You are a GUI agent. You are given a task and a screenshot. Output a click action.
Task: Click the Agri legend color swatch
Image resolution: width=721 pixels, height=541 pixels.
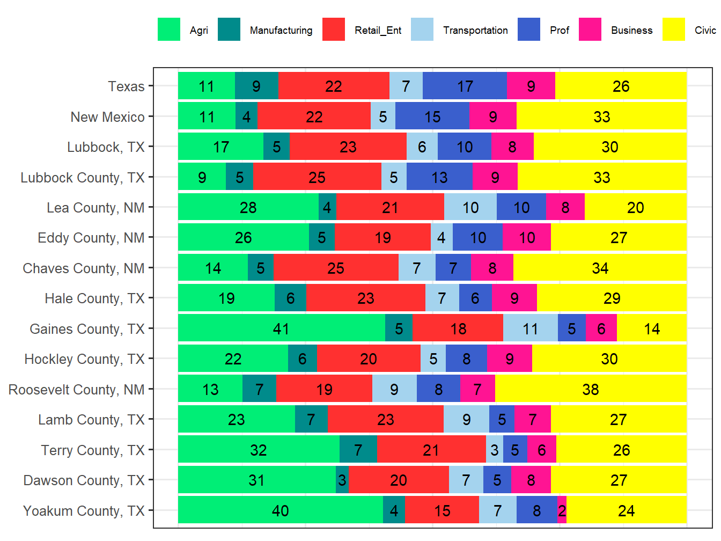click(x=168, y=30)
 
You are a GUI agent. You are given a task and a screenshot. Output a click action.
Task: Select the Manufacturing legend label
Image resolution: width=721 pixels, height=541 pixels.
click(x=281, y=31)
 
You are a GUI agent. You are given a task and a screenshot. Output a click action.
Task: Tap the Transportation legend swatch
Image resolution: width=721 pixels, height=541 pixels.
click(x=422, y=30)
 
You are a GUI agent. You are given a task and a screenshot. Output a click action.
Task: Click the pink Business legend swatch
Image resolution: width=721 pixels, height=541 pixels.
click(x=590, y=30)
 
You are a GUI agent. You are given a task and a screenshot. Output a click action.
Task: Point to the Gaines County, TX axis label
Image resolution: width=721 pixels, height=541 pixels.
click(x=87, y=329)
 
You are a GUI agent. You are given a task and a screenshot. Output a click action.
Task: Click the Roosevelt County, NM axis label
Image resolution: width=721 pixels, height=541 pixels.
click(x=76, y=390)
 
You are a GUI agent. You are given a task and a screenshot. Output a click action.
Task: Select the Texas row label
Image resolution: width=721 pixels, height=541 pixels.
click(x=126, y=86)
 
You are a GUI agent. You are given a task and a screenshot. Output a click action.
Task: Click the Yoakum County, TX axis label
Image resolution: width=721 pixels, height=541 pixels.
click(x=84, y=511)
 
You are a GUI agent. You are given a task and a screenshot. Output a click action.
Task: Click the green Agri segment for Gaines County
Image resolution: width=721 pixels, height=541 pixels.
click(x=281, y=328)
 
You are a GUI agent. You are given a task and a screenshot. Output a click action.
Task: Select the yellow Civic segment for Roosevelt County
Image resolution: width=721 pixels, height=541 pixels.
click(x=590, y=389)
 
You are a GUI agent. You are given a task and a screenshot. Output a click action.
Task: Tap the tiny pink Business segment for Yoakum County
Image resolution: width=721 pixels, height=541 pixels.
click(x=562, y=510)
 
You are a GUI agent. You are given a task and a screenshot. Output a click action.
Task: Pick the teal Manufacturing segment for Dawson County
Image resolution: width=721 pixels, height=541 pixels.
click(x=342, y=480)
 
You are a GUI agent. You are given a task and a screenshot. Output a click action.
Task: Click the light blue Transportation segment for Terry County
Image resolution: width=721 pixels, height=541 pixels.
click(x=494, y=450)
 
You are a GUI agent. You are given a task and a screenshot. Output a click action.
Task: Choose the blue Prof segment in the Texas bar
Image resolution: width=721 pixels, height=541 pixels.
click(x=465, y=86)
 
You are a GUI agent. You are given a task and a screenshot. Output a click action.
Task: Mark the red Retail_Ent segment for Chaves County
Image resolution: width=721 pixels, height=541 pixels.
click(x=336, y=268)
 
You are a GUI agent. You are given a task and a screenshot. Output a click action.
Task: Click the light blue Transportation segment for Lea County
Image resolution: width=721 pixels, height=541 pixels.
click(x=470, y=207)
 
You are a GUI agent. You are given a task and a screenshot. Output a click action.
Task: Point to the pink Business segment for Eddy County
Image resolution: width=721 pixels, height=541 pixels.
click(x=526, y=237)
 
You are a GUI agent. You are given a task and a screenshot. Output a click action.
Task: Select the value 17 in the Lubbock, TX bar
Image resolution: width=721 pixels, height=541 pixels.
click(x=221, y=147)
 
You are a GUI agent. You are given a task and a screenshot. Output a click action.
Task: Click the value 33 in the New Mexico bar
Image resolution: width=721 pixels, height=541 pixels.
click(x=601, y=116)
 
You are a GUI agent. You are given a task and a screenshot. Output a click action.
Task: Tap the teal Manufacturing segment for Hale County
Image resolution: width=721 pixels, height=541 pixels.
click(x=290, y=298)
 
